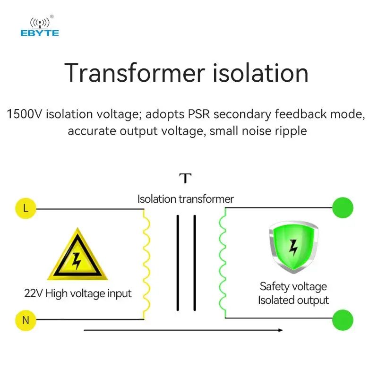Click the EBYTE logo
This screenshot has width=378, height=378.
pos(39,27)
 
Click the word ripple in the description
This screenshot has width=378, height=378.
pos(290,131)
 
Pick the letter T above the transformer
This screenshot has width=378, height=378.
pos(186,179)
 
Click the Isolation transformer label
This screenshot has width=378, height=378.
pos(186,199)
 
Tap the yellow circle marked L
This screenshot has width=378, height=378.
pos(26,208)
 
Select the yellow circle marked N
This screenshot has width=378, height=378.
pos(26,320)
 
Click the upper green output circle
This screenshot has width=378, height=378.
pos(343,208)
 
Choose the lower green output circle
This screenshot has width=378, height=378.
pos(343,320)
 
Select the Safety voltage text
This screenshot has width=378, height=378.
pos(293,286)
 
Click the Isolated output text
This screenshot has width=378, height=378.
pos(293,300)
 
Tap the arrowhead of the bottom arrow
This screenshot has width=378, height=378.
pos(280,330)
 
